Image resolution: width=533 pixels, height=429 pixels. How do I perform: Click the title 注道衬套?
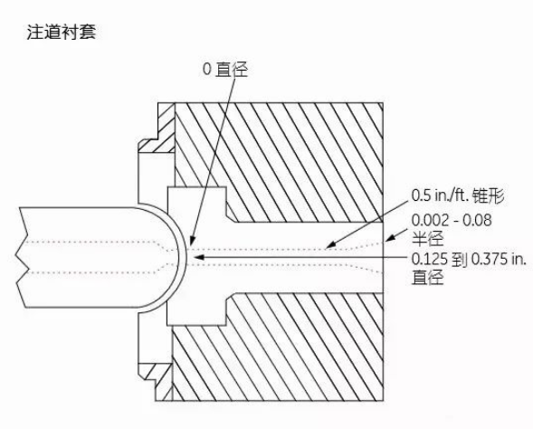[62, 32]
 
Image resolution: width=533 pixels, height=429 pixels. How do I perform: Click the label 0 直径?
[225, 69]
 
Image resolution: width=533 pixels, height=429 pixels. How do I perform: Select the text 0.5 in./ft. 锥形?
[458, 195]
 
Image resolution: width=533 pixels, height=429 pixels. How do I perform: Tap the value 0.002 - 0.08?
[452, 220]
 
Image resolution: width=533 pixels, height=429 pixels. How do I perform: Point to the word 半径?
[428, 238]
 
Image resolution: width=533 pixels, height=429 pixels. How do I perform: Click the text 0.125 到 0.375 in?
[469, 260]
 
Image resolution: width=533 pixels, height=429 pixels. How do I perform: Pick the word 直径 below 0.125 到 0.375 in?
[428, 277]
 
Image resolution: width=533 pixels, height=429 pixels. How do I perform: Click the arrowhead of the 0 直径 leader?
[191, 242]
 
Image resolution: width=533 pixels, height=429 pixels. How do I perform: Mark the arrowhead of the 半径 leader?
[389, 238]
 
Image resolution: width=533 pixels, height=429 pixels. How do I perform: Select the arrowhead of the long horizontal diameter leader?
[198, 257]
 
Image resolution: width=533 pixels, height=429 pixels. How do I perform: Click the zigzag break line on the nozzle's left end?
[21, 257]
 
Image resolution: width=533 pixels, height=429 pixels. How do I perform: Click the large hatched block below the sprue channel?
[278, 347]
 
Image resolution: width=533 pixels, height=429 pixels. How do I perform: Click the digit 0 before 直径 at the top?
[206, 69]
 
